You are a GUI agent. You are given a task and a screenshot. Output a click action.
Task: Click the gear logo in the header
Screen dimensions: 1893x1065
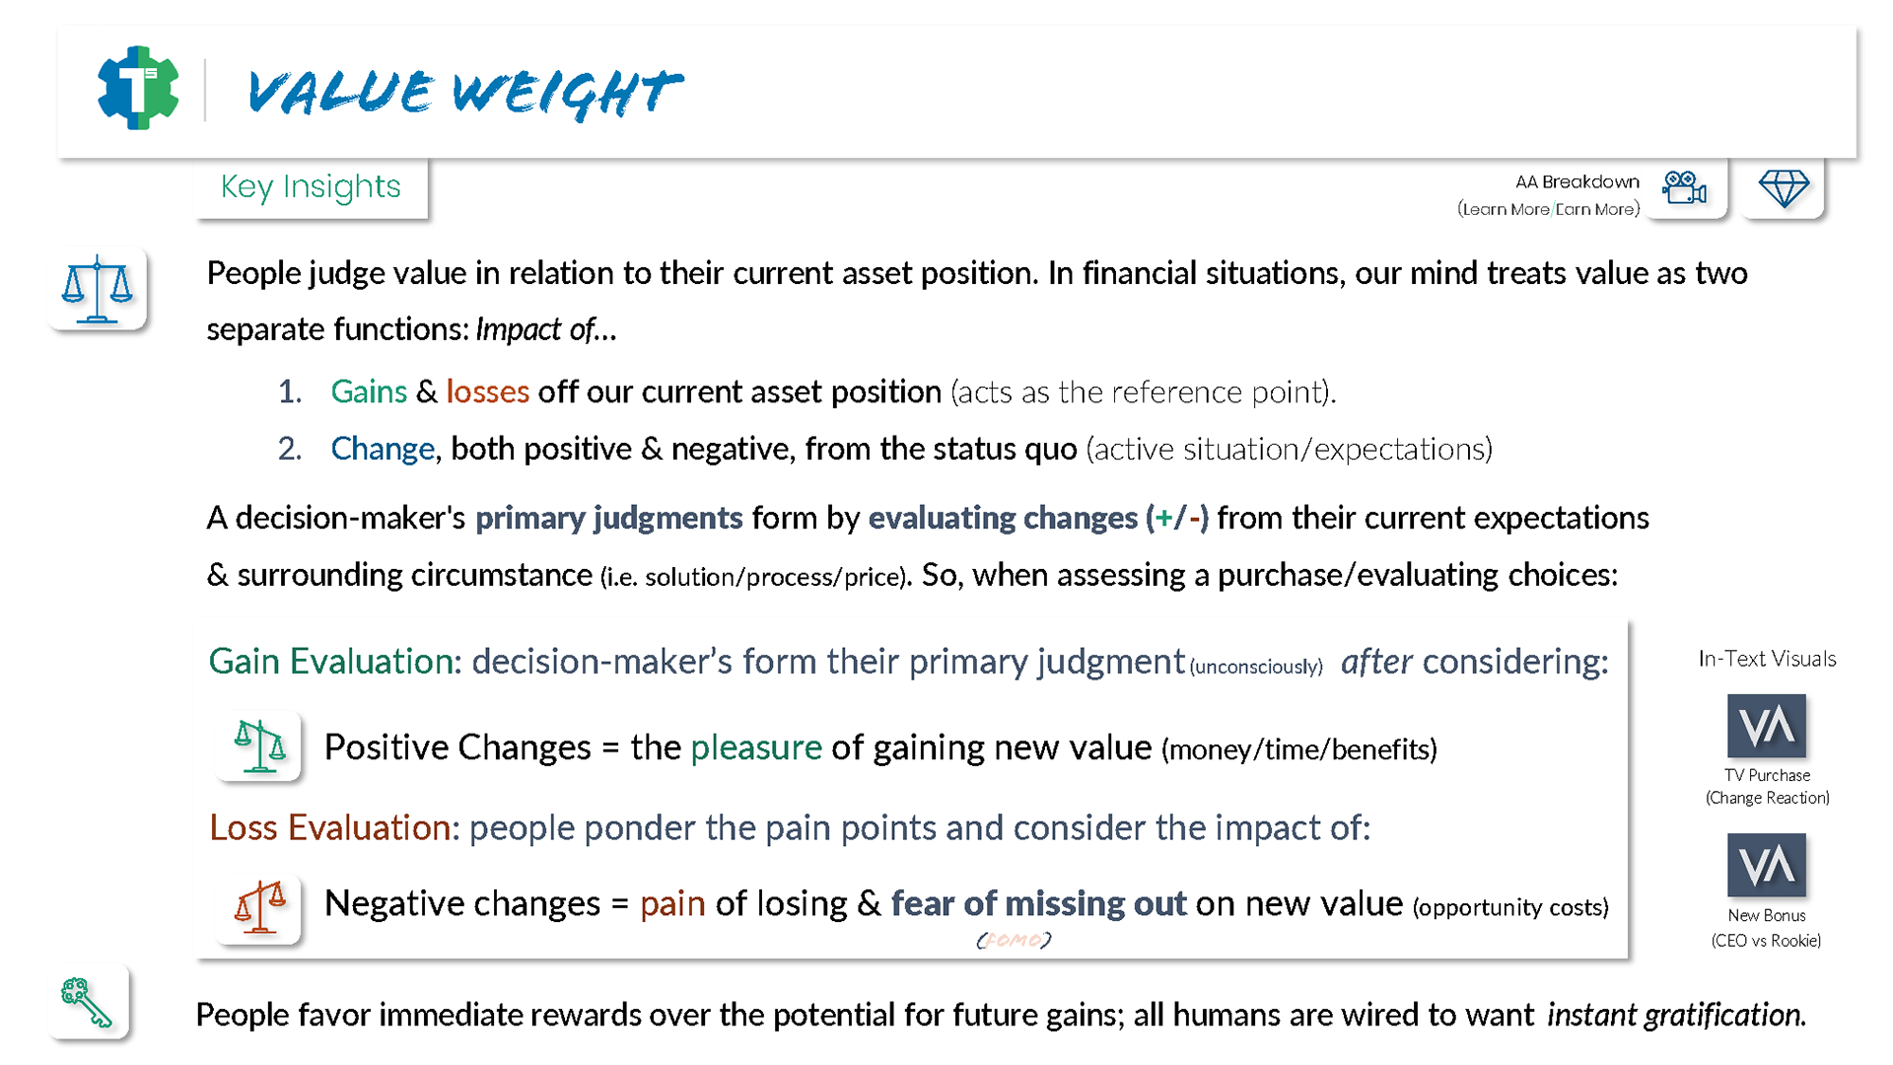pos(138,88)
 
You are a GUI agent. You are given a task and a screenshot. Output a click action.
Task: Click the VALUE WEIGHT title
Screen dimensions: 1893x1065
pos(464,94)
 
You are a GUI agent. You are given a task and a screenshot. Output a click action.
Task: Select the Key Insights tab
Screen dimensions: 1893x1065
pos(311,186)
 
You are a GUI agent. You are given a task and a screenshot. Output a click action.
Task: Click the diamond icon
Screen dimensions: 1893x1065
pos(1784,187)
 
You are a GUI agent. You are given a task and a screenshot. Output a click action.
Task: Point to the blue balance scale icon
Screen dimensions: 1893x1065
pos(97,289)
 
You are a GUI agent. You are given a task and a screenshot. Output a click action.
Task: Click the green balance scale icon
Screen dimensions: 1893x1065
pos(259,745)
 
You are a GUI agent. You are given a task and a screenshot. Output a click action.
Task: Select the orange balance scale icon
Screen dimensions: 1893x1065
pos(259,906)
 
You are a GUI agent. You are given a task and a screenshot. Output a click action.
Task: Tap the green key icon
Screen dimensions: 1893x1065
pos(87,1002)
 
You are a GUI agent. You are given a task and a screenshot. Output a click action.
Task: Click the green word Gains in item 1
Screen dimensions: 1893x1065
pos(369,391)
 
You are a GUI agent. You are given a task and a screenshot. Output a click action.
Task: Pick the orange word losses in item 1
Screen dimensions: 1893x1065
pos(487,391)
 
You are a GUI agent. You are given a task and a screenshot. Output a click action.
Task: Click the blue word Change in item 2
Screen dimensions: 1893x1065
pos(383,449)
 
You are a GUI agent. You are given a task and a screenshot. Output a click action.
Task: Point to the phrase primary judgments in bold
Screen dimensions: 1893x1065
pos(608,518)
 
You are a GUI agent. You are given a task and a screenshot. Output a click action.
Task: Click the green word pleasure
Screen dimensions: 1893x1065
pos(756,747)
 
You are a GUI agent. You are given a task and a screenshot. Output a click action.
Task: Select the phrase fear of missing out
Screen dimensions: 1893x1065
pos(1038,903)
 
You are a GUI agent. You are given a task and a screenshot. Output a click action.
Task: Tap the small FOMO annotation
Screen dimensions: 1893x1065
pos(1014,940)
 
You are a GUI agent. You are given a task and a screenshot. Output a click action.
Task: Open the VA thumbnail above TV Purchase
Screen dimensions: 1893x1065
pos(1767,726)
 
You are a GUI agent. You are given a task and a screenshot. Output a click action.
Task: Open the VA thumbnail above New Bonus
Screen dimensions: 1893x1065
pos(1767,865)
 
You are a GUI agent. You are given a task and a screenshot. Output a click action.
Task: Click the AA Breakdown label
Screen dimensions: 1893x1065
pos(1577,181)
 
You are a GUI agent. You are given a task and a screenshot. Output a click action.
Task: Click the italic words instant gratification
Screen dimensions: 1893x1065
pos(1676,1015)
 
